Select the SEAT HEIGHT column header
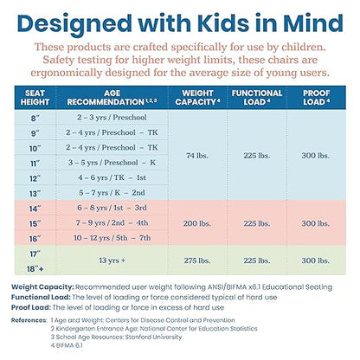[x=35, y=98]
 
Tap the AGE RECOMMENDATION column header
[x=112, y=98]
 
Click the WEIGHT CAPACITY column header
[x=197, y=98]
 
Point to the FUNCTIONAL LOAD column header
[x=257, y=98]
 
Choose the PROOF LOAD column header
[x=316, y=98]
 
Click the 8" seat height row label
[x=35, y=119]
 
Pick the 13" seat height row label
[x=35, y=194]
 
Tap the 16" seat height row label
[x=35, y=239]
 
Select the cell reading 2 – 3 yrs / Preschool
[x=112, y=118]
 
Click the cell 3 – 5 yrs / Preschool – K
[x=112, y=163]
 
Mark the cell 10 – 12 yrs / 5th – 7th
[x=112, y=238]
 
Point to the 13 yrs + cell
[x=112, y=260]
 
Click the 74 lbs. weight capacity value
[x=197, y=156]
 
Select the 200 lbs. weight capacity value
[x=197, y=223]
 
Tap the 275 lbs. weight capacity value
[x=197, y=260]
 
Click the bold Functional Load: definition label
[x=41, y=297]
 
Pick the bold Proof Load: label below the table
[x=31, y=307]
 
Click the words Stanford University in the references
[x=153, y=337]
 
